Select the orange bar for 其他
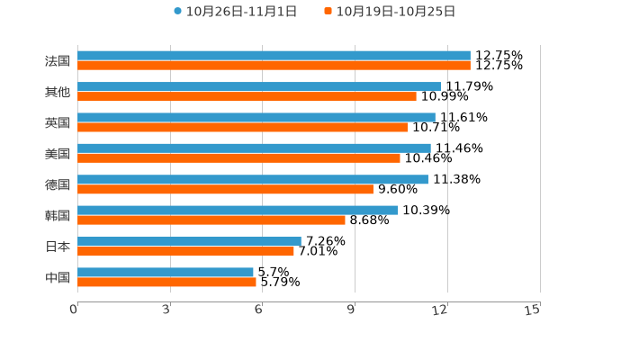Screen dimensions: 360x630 (x=247, y=96)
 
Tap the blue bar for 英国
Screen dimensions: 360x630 (x=256, y=117)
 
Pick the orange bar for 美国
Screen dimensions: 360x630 (x=238, y=157)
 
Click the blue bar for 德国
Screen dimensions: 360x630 (x=253, y=179)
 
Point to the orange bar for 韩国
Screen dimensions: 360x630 (x=211, y=220)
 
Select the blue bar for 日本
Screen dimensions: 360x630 (x=189, y=241)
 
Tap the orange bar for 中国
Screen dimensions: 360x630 (x=166, y=282)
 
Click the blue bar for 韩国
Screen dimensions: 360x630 (x=238, y=210)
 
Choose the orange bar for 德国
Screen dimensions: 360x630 (x=225, y=189)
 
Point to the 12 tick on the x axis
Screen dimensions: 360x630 (x=440, y=310)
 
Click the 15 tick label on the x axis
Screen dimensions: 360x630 (x=533, y=310)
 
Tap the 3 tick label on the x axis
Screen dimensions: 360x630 (x=166, y=310)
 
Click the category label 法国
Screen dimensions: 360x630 (x=58, y=61)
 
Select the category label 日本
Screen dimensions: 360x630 (x=58, y=247)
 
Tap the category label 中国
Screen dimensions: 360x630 (x=58, y=277)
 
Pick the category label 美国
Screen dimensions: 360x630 (x=58, y=154)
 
